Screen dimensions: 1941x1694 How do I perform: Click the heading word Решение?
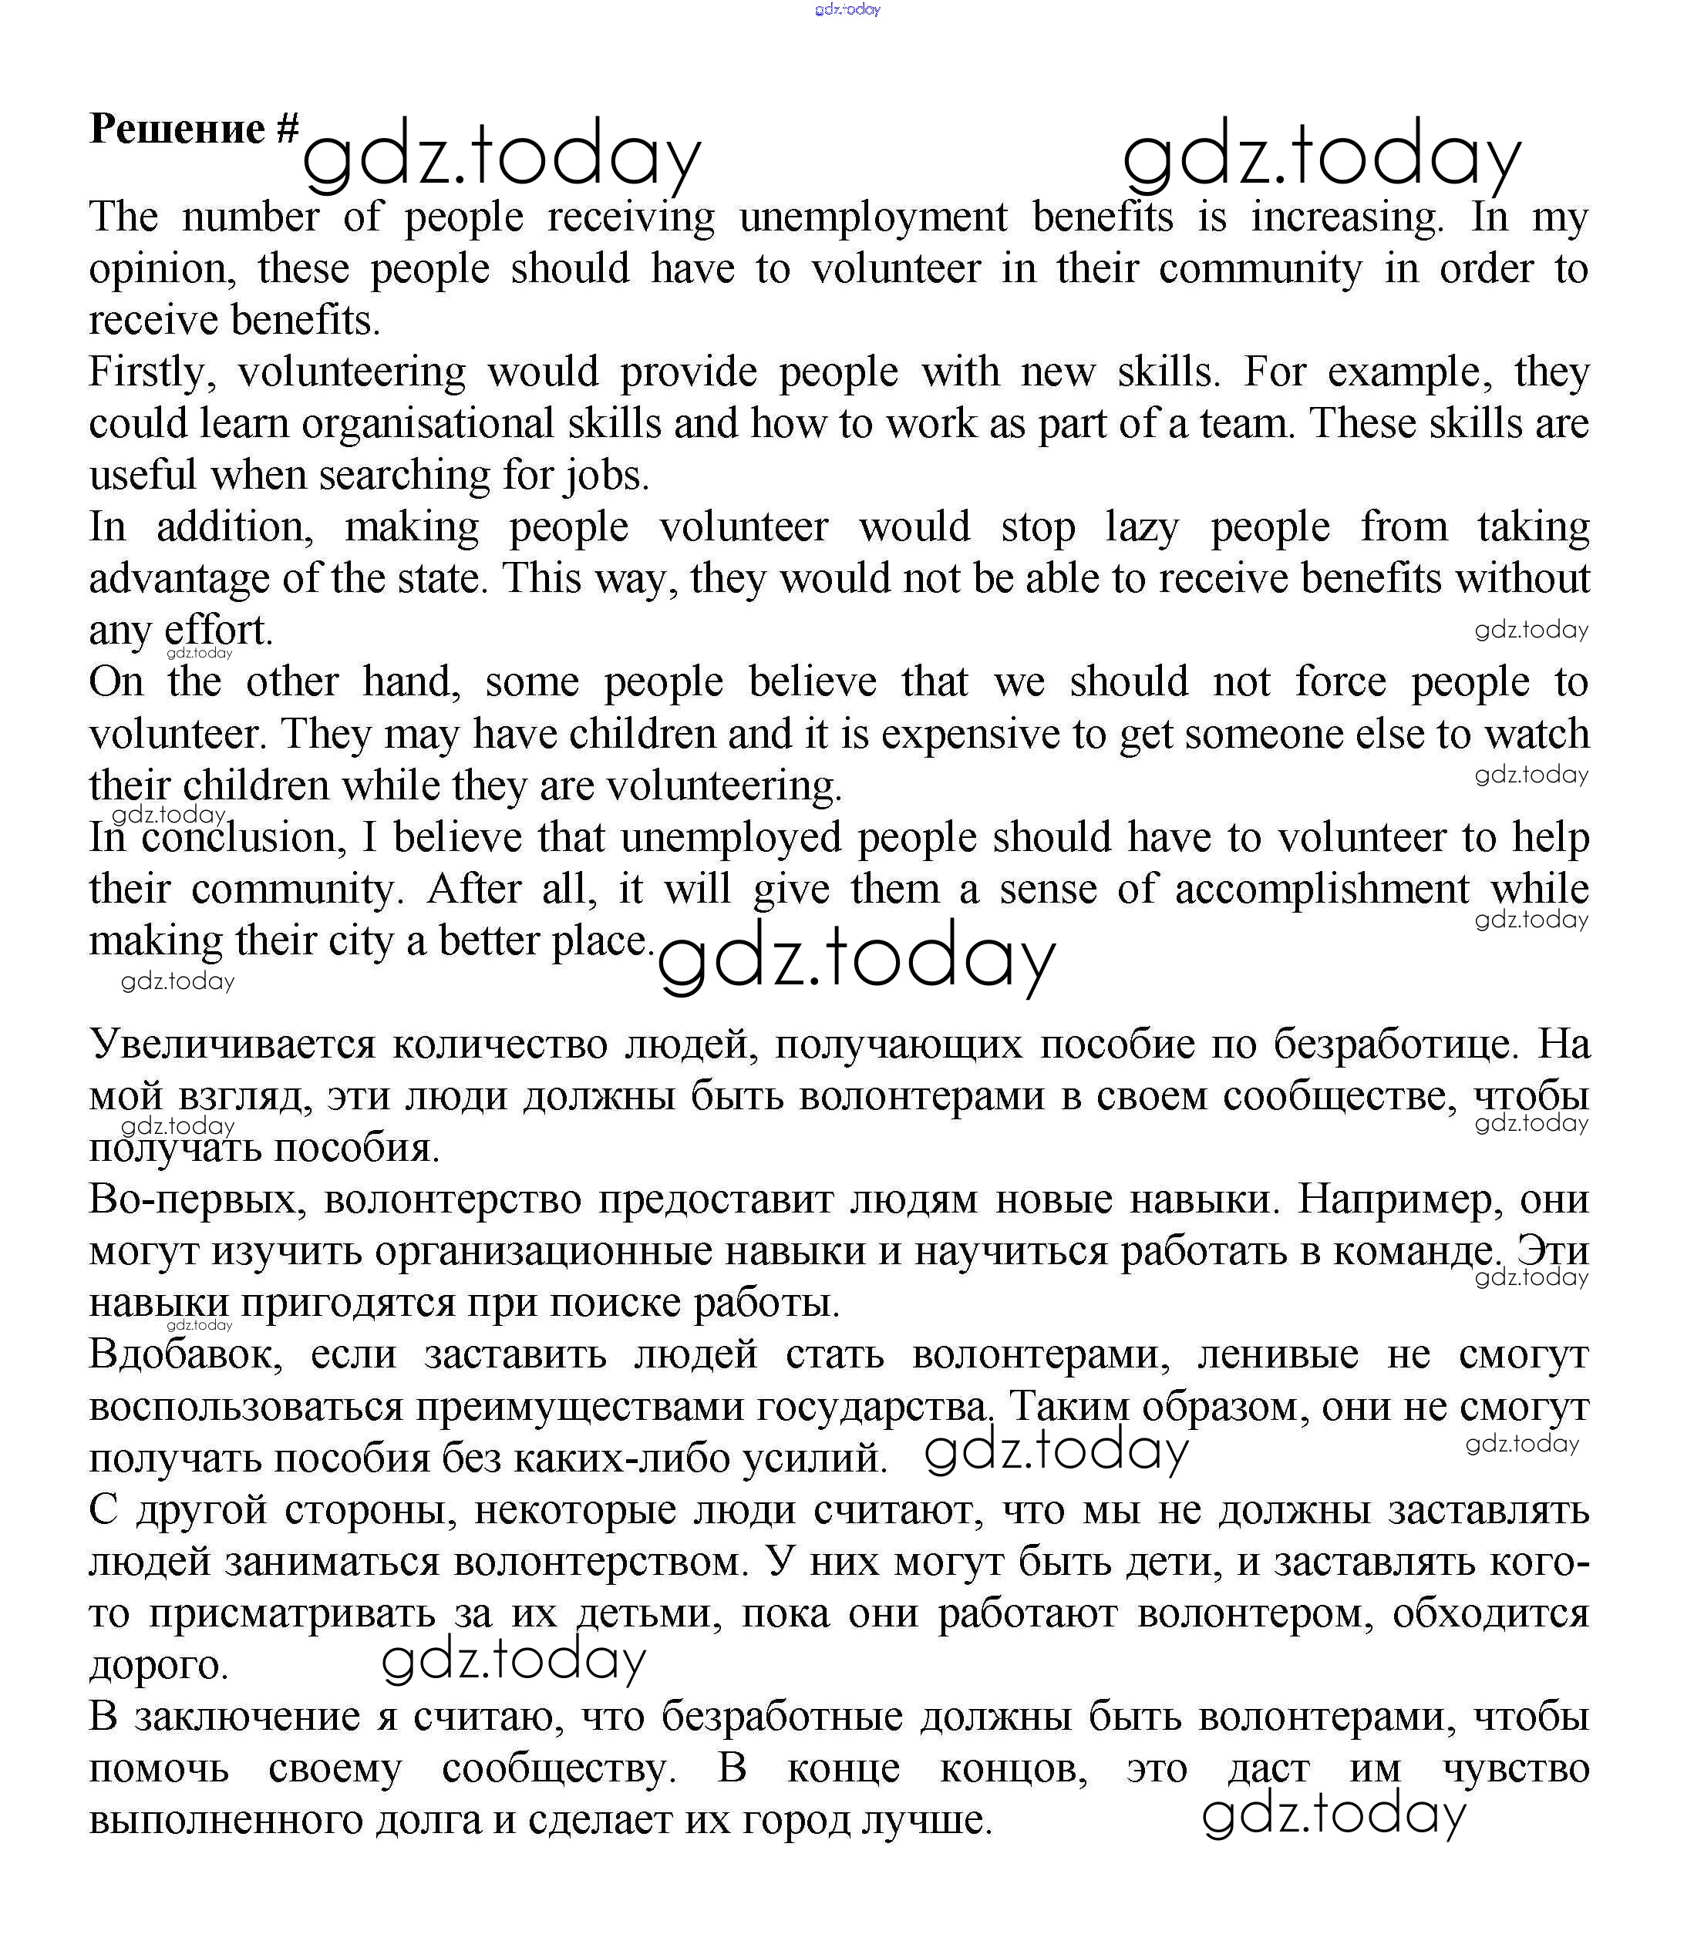177,129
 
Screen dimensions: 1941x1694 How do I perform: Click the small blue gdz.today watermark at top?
847,9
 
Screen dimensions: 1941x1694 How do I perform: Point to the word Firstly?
151,373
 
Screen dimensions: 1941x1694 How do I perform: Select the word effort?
217,631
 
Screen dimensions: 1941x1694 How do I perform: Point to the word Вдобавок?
185,1355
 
